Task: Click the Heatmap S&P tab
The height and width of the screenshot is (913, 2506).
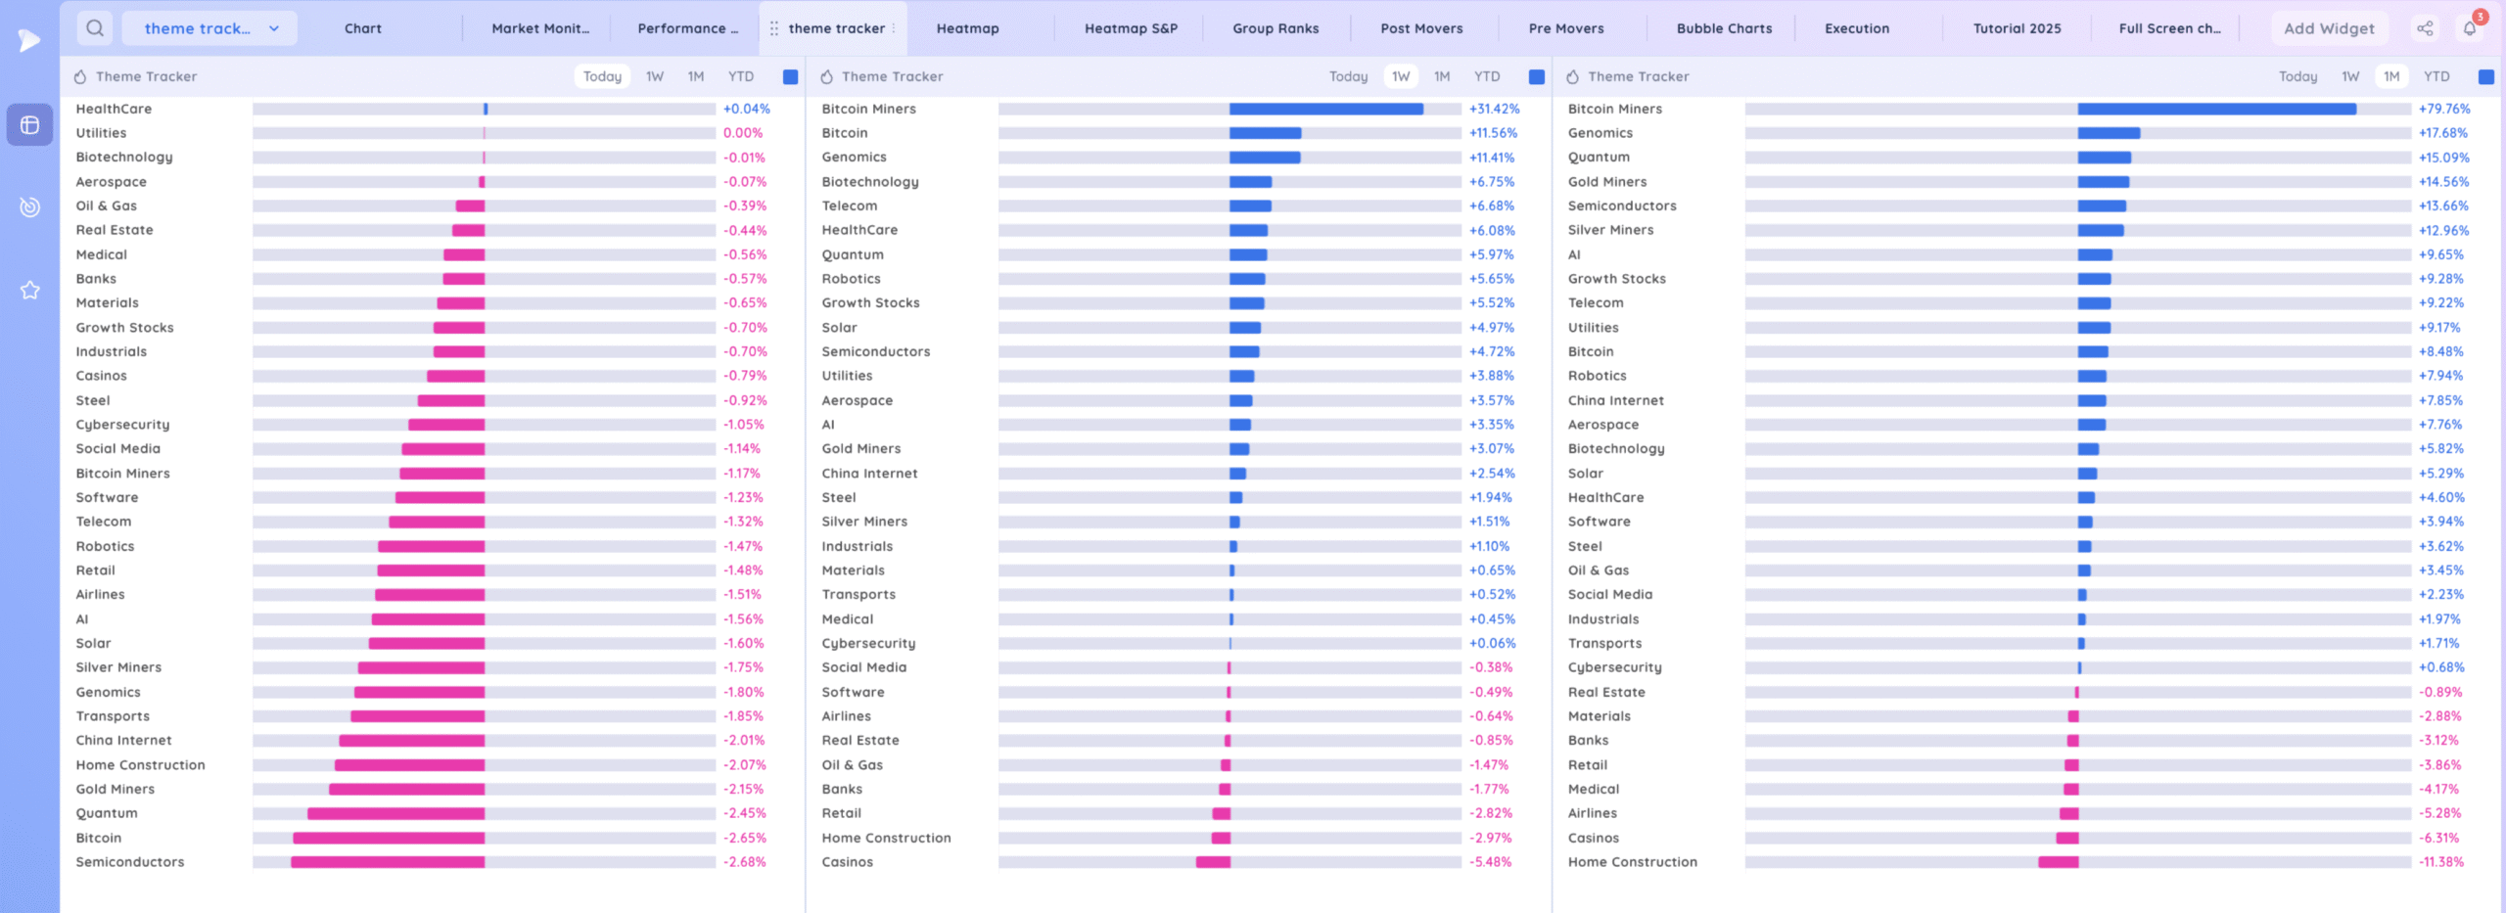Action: (x=1131, y=28)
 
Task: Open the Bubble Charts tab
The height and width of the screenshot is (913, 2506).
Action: (x=1724, y=28)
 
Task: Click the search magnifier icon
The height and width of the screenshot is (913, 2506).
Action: (x=95, y=28)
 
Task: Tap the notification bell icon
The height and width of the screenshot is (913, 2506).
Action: (x=2470, y=28)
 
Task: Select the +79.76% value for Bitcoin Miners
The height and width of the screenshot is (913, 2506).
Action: (x=2444, y=109)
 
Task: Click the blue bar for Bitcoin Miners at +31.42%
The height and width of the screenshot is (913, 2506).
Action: (x=1326, y=109)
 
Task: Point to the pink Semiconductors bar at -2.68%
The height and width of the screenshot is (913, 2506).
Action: (x=388, y=862)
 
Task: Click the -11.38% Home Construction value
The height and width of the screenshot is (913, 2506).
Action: (x=2441, y=862)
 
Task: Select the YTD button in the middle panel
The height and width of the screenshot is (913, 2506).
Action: (x=1487, y=76)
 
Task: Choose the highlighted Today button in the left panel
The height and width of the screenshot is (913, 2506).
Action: (x=602, y=76)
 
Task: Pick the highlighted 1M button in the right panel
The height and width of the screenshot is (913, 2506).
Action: (x=2391, y=76)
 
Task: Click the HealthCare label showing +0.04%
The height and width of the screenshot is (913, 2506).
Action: (x=114, y=109)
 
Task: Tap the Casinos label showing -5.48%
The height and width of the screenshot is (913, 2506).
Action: (x=847, y=862)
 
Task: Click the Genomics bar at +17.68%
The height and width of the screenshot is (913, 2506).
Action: (x=2109, y=133)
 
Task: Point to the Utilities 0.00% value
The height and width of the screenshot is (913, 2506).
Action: (x=743, y=133)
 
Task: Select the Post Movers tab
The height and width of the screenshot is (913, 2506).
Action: (x=1421, y=28)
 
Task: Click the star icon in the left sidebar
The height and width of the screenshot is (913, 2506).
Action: (x=30, y=290)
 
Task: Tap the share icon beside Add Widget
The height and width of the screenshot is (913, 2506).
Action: (x=2425, y=28)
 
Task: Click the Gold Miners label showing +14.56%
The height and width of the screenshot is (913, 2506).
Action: (x=1607, y=182)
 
